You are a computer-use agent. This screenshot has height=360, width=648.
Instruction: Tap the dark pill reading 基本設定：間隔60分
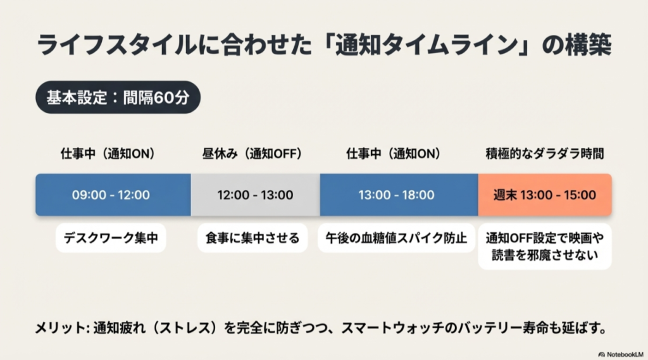(x=118, y=97)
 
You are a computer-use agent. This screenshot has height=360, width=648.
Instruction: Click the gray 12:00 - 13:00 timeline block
(x=254, y=195)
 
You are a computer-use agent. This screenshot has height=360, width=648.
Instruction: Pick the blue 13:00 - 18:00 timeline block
(x=399, y=195)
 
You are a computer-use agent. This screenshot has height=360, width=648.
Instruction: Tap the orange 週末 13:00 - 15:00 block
(x=545, y=195)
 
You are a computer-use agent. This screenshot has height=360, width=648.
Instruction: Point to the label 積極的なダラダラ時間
(x=544, y=154)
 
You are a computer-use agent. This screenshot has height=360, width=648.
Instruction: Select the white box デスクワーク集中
(x=111, y=238)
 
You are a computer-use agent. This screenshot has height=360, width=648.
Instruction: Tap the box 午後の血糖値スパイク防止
(x=397, y=238)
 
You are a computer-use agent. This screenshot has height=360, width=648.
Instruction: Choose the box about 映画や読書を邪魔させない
(x=544, y=247)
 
